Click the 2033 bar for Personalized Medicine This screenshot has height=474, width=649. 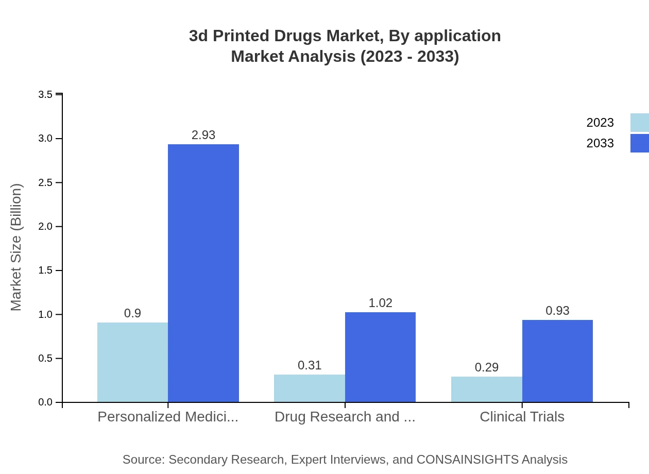click(x=203, y=273)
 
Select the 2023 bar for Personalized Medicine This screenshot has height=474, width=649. click(x=132, y=362)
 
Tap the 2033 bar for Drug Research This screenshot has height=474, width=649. click(x=380, y=357)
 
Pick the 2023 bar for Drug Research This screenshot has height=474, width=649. click(x=309, y=388)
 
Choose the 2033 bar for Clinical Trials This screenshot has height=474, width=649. click(x=557, y=361)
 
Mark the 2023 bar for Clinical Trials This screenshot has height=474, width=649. click(x=486, y=390)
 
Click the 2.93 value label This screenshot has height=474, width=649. click(x=203, y=135)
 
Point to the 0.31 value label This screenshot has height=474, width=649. click(x=310, y=365)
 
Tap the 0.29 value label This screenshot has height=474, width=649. click(x=487, y=367)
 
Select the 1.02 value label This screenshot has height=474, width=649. click(x=381, y=303)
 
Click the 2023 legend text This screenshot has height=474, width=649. click(x=600, y=123)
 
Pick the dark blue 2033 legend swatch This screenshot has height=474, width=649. click(x=640, y=143)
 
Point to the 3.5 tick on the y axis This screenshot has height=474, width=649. click(x=45, y=94)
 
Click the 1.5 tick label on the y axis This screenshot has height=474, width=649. click(x=45, y=270)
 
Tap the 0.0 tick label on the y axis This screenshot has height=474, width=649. click(x=45, y=402)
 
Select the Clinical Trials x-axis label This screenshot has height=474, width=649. click(x=522, y=416)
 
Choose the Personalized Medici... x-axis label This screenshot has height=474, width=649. click(x=168, y=416)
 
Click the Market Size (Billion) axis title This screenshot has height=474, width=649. click(x=16, y=247)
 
